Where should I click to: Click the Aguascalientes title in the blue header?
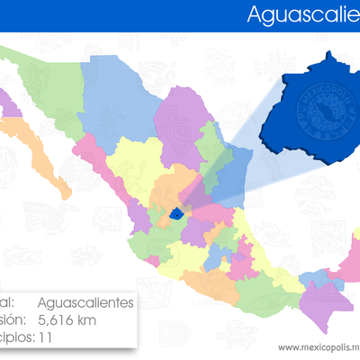coord(302,14)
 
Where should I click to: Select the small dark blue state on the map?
coord(175,214)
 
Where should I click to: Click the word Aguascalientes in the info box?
coord(86,302)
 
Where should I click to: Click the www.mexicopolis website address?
coord(319,346)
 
